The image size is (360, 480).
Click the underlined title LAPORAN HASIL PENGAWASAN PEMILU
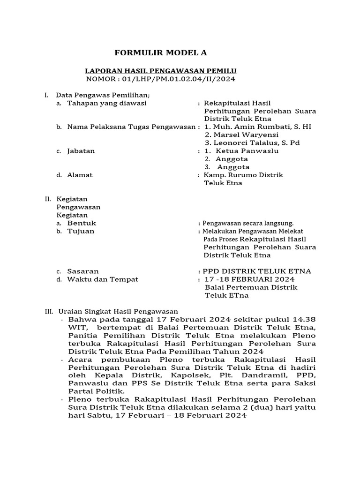pos(161,71)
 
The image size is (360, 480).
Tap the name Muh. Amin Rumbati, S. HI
pos(258,127)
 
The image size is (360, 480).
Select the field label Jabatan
pos(81,151)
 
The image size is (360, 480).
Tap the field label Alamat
pos(80,175)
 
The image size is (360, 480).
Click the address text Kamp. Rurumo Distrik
pos(243,175)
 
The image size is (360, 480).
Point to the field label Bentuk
pos(82,223)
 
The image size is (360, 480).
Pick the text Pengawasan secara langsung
pos(248,224)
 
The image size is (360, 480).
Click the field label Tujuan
pos(81,231)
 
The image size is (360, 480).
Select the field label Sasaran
pos(83,271)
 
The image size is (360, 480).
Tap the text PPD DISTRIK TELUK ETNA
pos(257,271)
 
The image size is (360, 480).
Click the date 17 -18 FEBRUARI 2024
pos(249,279)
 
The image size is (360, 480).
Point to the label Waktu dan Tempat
pos(103,279)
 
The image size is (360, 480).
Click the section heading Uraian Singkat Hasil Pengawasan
pos(118,311)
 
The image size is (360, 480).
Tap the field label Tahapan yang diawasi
pos(107,103)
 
